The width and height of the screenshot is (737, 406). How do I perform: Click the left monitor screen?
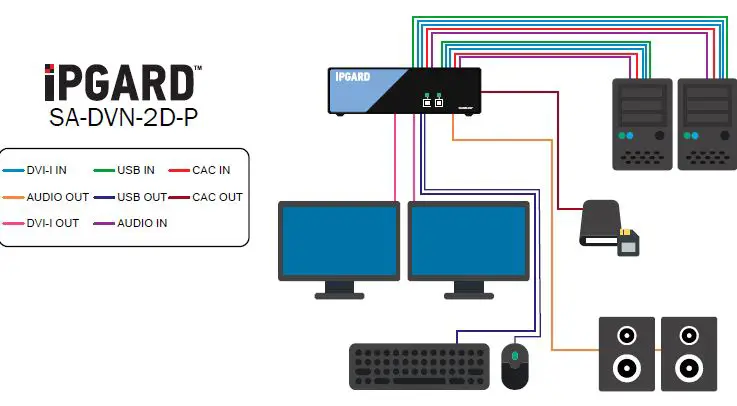(339, 240)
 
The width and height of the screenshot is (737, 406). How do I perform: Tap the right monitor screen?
(468, 240)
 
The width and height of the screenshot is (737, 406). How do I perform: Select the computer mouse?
(514, 366)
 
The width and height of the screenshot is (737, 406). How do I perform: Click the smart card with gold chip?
(628, 243)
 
